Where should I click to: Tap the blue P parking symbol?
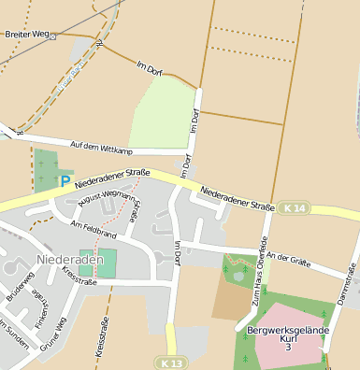pos(65,181)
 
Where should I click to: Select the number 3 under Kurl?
pos(288,348)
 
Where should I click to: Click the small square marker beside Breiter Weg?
pos(53,36)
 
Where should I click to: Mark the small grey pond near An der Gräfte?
pos(239,276)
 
